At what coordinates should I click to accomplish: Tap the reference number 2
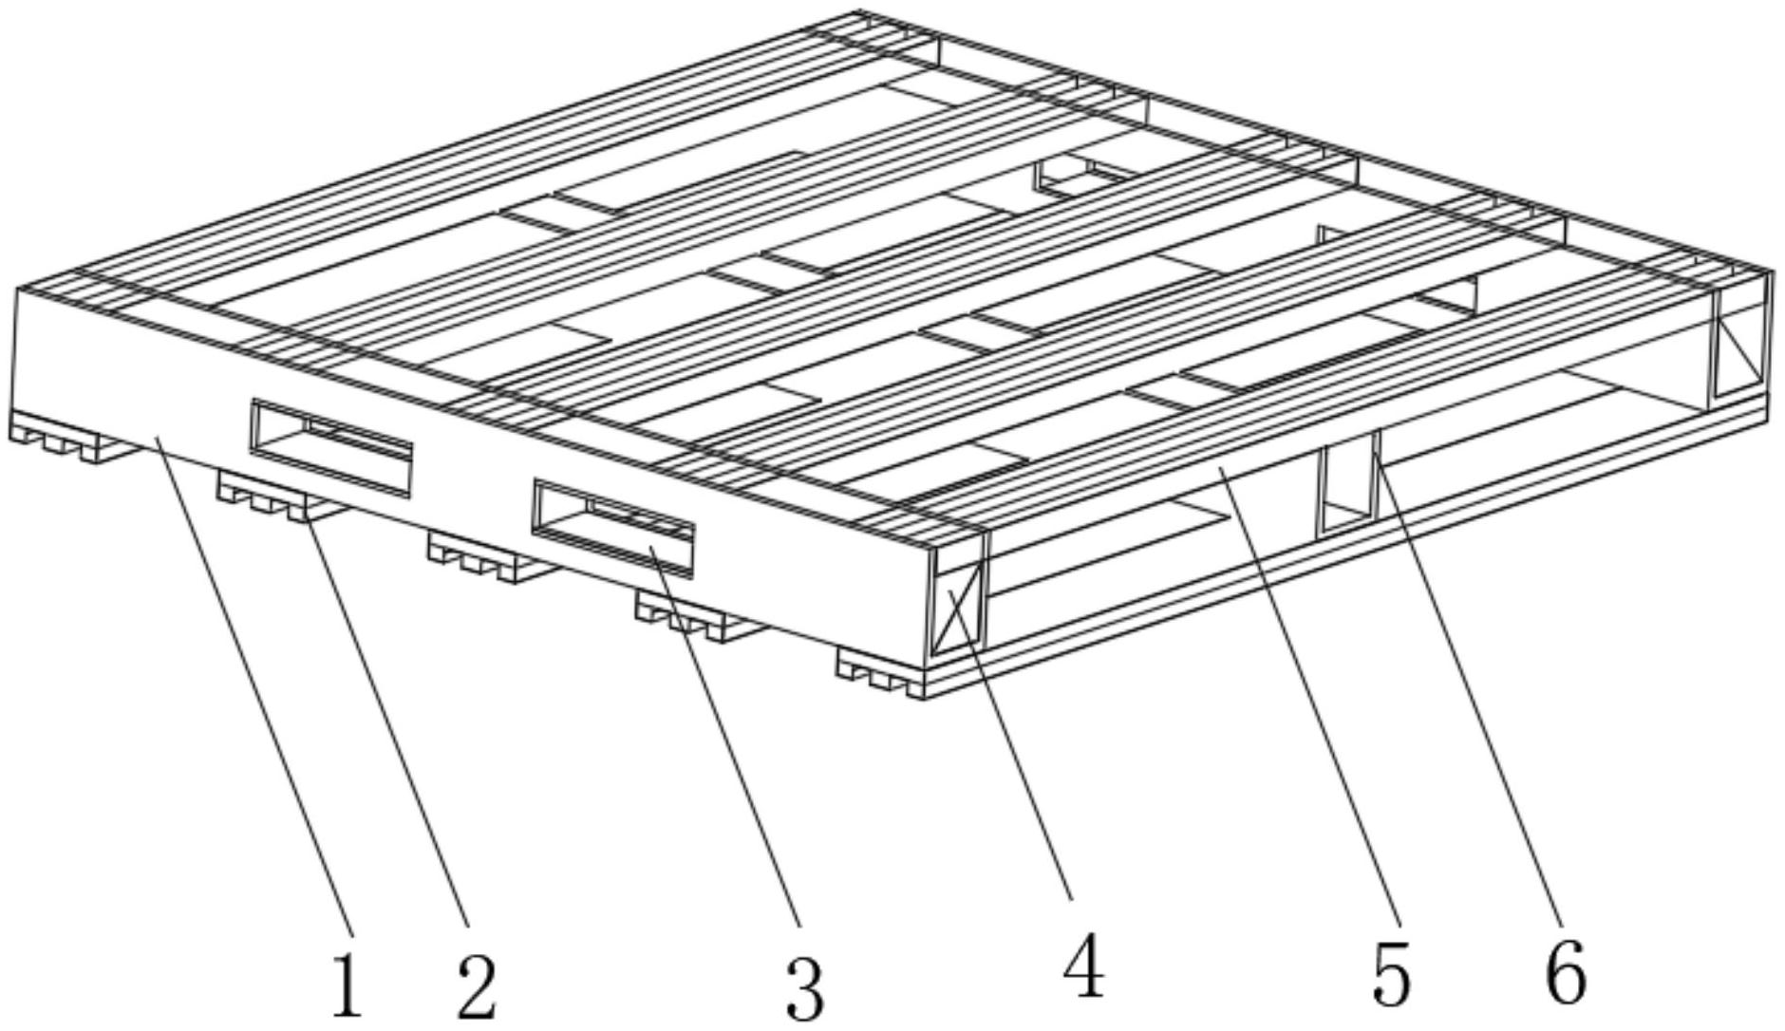point(477,984)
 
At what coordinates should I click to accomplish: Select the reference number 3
point(805,987)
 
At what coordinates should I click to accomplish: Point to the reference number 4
point(1083,965)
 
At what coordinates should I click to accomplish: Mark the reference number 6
point(1566,973)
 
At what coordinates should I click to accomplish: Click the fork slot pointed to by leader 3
point(612,527)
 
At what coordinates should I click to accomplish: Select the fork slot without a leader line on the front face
point(331,447)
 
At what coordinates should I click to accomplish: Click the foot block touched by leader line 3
point(698,618)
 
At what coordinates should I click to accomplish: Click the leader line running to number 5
point(1307,701)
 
